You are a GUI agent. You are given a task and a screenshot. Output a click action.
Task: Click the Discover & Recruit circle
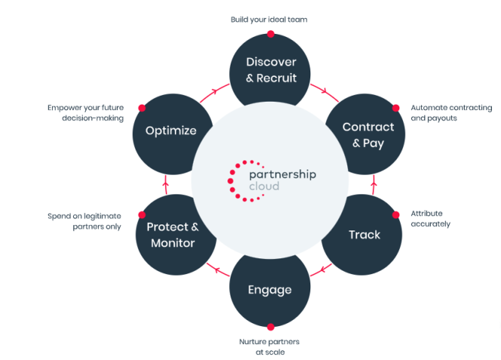pos(270,69)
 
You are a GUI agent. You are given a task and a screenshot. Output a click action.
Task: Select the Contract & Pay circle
pos(364,134)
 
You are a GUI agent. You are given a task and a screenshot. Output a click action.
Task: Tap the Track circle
pos(364,234)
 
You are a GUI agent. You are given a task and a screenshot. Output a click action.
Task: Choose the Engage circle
pos(270,289)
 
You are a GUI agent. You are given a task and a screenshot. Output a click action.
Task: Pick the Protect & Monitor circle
pos(173,234)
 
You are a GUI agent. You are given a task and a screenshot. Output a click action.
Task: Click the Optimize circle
pos(171,130)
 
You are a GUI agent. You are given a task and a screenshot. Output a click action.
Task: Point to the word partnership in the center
pos(283,174)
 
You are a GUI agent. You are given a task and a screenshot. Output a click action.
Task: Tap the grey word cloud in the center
pos(264,186)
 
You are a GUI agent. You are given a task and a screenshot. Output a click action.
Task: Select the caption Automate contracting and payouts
pos(451,113)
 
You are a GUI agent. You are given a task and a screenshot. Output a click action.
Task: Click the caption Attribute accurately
pos(431,218)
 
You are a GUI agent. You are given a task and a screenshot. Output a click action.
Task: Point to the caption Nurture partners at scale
pos(270,346)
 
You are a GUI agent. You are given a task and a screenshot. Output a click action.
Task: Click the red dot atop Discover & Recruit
pos(270,34)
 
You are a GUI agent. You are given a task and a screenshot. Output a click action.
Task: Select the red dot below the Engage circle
pos(270,326)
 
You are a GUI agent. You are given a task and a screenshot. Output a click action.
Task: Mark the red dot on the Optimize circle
pos(142,108)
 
